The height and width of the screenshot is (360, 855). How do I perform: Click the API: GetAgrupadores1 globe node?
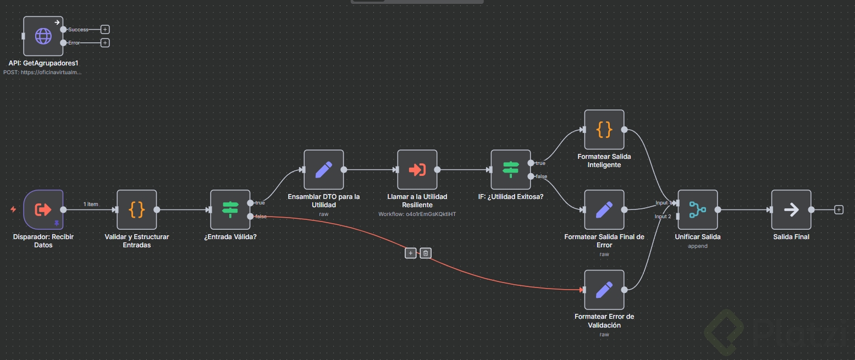coord(43,36)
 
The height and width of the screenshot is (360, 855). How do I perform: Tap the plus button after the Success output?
coord(105,30)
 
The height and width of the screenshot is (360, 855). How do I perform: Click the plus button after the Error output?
coord(105,43)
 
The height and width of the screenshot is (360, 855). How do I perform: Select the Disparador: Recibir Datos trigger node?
coord(43,209)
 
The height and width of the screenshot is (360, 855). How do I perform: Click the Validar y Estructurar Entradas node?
coord(137,209)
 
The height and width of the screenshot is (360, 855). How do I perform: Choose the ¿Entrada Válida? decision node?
coord(230,209)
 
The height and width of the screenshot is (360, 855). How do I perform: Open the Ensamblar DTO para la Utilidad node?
coord(323,170)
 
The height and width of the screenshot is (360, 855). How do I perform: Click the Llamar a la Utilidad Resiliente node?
coord(417,170)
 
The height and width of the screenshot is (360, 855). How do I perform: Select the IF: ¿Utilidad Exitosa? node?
coord(511,170)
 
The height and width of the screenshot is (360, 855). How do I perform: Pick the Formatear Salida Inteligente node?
coord(604,130)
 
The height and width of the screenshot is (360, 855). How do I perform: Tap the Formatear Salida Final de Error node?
coord(604,209)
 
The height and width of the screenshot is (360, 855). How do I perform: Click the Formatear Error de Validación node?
coord(604,290)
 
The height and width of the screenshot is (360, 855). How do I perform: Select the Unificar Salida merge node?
coord(698,209)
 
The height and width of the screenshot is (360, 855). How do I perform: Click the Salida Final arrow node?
coord(791,209)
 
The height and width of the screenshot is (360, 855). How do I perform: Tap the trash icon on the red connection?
coord(425,253)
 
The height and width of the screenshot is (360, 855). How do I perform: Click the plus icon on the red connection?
coord(410,253)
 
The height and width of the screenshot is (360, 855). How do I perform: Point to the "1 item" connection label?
coord(91,204)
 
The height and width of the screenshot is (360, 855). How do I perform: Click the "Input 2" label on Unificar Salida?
coord(663,217)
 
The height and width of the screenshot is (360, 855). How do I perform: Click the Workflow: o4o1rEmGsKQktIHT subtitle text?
coord(417,214)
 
